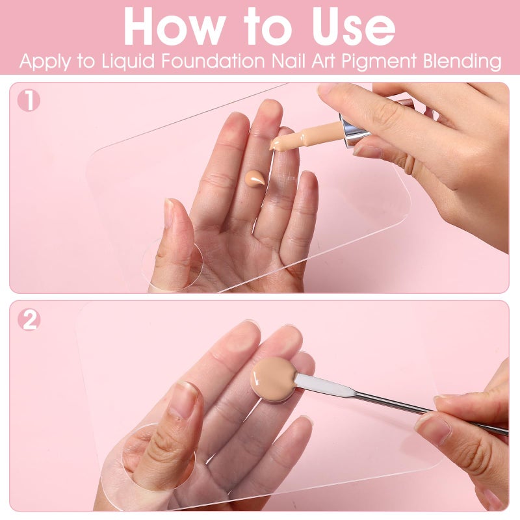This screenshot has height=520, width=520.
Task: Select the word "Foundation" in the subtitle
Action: pyautogui.click(x=213, y=61)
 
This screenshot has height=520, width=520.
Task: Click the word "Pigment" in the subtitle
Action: pyautogui.click(x=379, y=62)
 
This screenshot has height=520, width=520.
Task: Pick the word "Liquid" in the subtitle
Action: pyautogui.click(x=128, y=62)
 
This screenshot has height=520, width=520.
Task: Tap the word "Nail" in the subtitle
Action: pyautogui.click(x=289, y=61)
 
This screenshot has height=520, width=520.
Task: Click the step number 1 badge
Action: pyautogui.click(x=29, y=101)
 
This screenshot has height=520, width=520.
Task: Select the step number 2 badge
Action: pyautogui.click(x=29, y=320)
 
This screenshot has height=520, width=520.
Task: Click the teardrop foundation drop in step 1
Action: pyautogui.click(x=254, y=177)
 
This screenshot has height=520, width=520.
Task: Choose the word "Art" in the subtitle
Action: pyautogui.click(x=323, y=61)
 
